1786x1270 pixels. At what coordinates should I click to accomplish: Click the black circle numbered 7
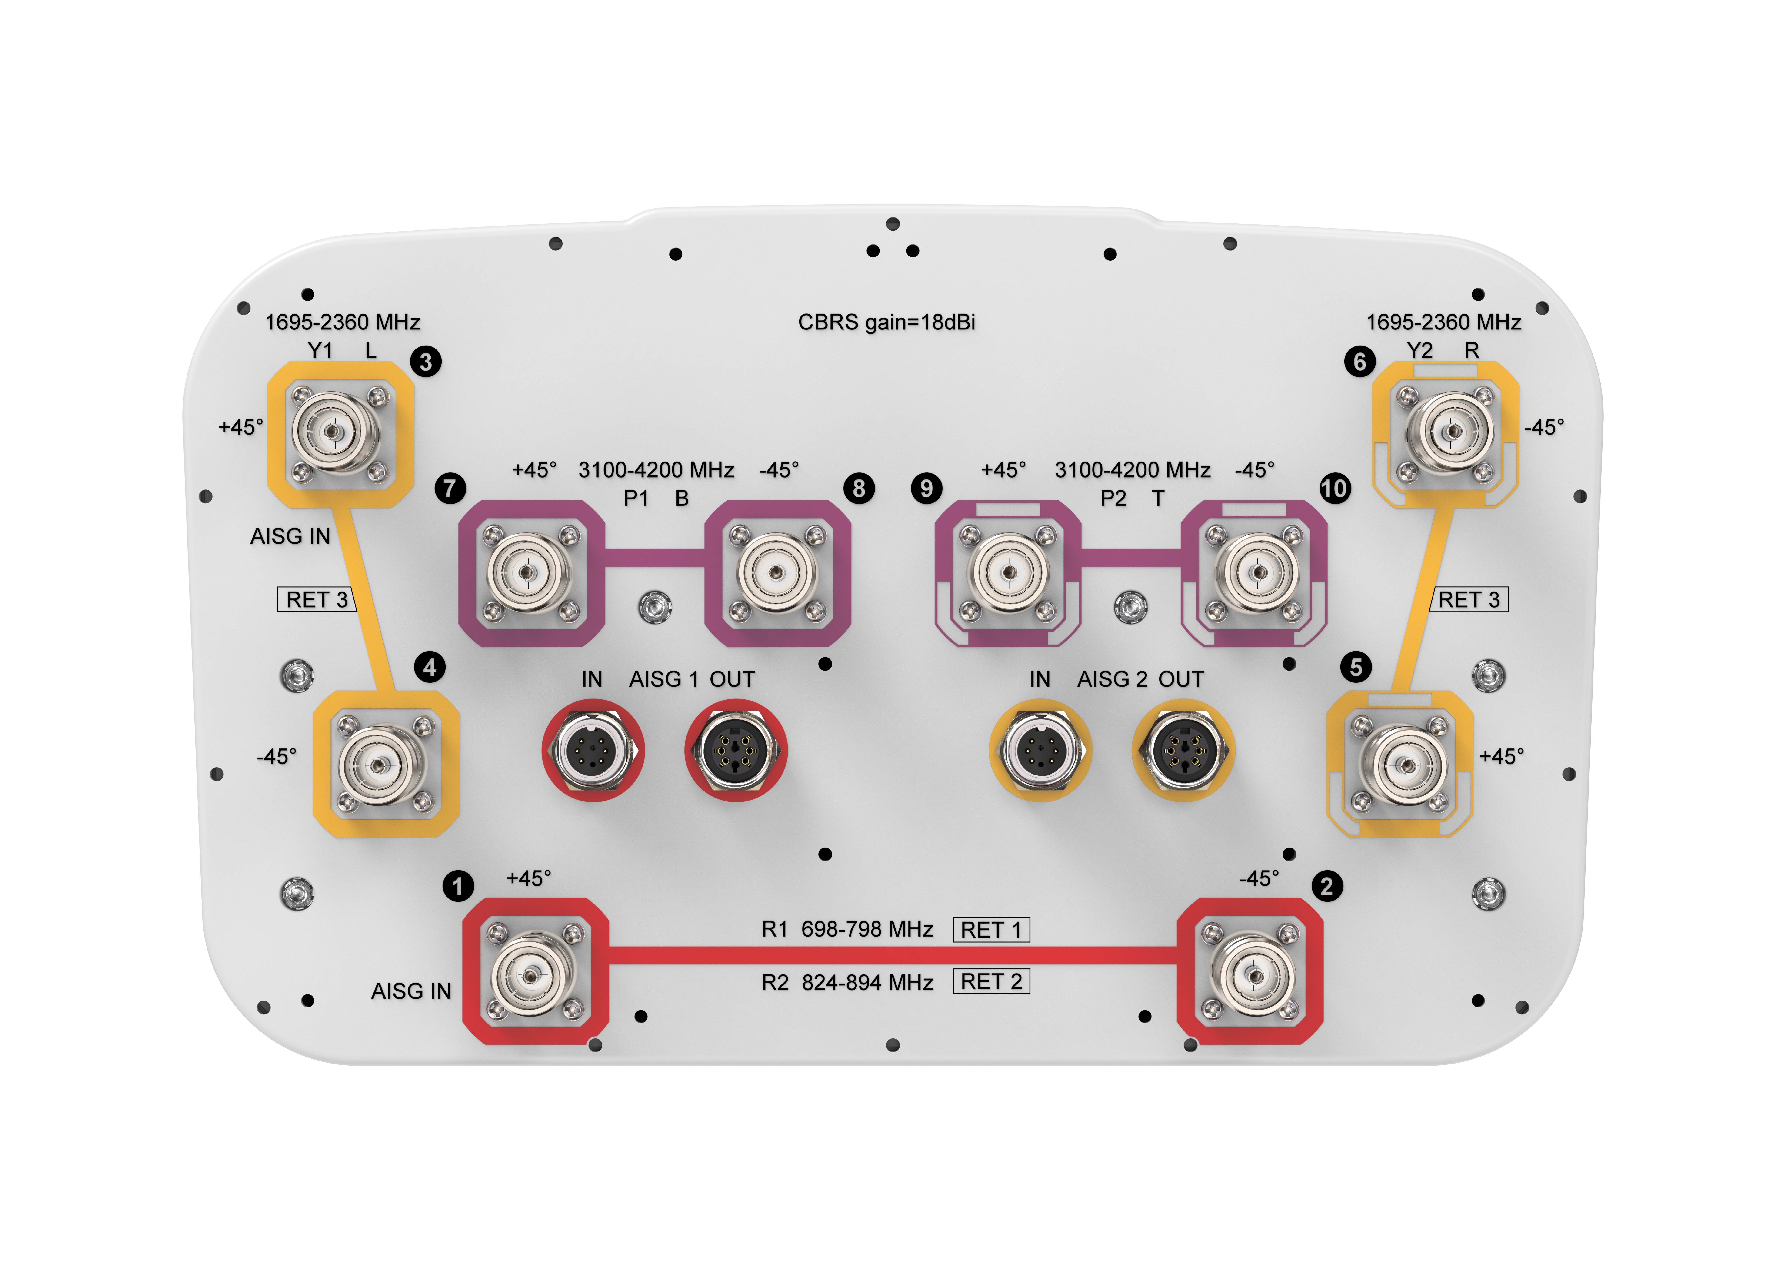(x=450, y=489)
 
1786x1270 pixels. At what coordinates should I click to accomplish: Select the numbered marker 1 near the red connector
(x=458, y=886)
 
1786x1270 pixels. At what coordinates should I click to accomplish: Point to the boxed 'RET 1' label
(x=991, y=930)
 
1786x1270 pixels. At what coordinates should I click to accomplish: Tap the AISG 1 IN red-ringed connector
(x=593, y=751)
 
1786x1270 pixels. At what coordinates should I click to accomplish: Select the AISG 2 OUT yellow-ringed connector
(x=1183, y=751)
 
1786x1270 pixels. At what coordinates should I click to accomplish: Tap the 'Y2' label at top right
(x=1419, y=350)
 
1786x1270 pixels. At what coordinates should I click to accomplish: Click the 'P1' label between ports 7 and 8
(x=636, y=498)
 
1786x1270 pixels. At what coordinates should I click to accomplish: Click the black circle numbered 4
(x=429, y=667)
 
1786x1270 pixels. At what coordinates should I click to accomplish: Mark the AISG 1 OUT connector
(x=735, y=751)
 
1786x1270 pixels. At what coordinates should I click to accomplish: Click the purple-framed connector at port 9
(x=1009, y=572)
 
